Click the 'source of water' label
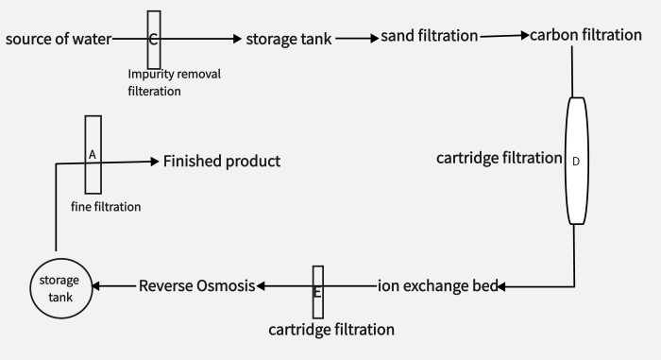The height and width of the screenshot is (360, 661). point(58,39)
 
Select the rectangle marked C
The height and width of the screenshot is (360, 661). point(154,39)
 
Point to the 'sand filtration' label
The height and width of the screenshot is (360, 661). point(430,37)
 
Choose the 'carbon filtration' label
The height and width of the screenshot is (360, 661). point(585,36)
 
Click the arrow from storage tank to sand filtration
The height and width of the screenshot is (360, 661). point(355,39)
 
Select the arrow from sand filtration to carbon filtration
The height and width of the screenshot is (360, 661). point(504,36)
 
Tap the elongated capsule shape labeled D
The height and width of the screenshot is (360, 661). point(575,160)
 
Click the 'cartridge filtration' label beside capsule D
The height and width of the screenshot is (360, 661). point(499,158)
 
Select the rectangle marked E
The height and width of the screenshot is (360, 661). point(318,292)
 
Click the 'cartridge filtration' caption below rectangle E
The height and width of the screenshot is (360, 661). point(331,330)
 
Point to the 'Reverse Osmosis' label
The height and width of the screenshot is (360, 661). point(197,285)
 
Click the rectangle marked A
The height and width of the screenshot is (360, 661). point(93,153)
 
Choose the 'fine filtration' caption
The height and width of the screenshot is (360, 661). point(106,206)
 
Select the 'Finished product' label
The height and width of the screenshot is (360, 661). point(222,162)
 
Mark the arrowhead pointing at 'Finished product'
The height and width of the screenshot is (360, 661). point(154,162)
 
